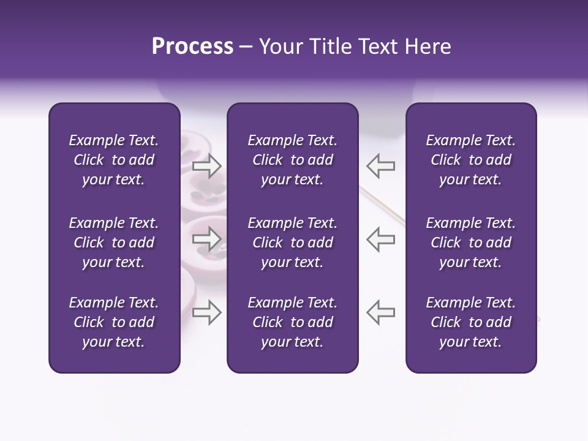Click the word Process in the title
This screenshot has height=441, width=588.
pos(192,47)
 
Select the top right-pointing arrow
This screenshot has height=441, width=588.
pos(206,166)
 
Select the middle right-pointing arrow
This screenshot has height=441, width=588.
pos(206,239)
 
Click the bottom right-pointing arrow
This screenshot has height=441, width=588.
pos(206,312)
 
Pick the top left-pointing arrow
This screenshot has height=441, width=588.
pos(380,166)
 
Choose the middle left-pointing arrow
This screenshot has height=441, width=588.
pos(380,239)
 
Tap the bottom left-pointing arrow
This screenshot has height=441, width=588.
pos(380,312)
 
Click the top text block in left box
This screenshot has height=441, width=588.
pos(114,160)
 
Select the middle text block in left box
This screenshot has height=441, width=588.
pos(114,243)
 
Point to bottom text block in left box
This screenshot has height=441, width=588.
pos(114,322)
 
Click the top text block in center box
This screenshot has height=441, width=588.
pos(292,160)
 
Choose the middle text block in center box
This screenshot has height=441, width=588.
pos(292,243)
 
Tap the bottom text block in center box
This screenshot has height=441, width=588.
pos(292,322)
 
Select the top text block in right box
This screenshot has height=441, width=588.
pos(470,160)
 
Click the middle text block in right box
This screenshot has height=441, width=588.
pos(470,243)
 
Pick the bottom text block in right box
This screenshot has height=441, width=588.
pos(470,322)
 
